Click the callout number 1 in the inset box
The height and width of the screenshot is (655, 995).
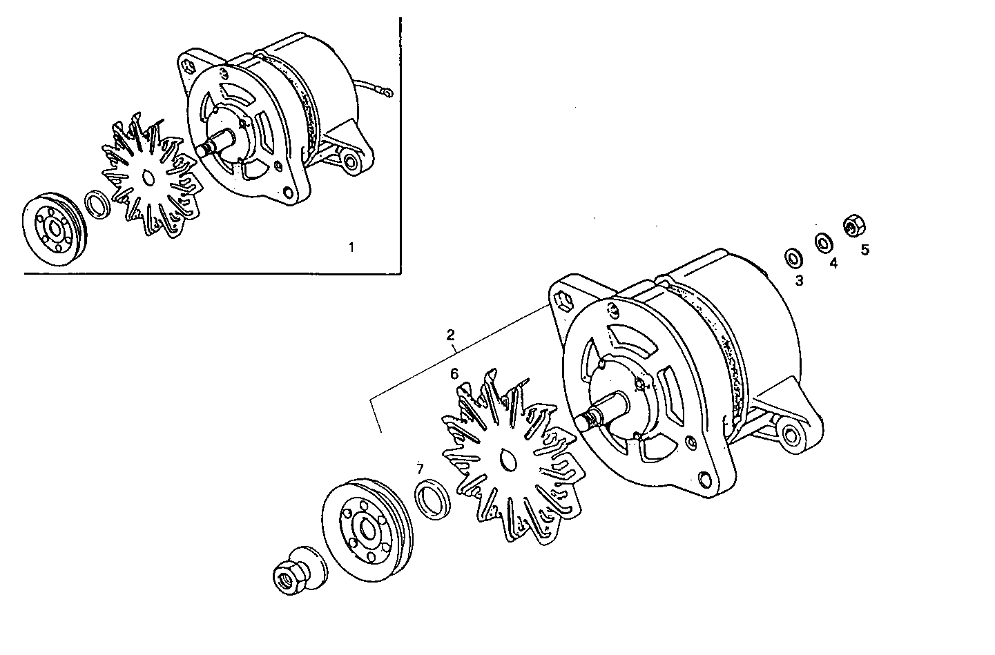[351, 247]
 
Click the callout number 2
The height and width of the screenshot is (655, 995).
[450, 335]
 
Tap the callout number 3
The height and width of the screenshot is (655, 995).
[799, 280]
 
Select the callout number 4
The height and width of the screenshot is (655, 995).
[833, 263]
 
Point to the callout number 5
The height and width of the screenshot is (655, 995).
[864, 249]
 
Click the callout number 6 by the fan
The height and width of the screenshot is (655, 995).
[454, 374]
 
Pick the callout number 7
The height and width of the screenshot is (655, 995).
[419, 469]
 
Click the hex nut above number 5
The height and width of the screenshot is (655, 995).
[853, 224]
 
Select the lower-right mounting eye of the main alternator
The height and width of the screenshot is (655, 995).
[790, 436]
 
